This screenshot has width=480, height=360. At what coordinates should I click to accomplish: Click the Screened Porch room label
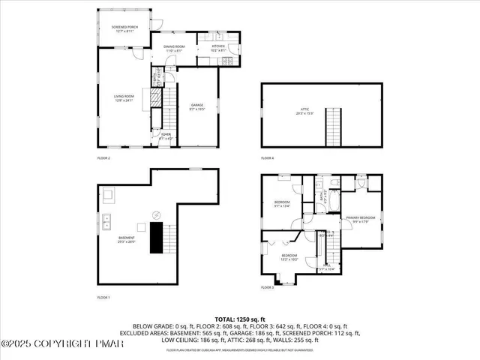click(x=113, y=28)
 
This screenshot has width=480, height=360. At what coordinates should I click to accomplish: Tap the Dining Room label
click(x=175, y=48)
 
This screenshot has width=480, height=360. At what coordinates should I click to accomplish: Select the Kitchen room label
click(x=218, y=48)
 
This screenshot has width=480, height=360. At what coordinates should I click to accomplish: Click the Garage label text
click(x=196, y=106)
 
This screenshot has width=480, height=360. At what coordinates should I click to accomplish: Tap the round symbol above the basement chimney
click(x=156, y=214)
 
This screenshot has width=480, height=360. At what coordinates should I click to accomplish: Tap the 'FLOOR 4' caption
click(x=268, y=158)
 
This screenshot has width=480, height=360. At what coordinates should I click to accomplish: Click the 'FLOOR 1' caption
click(x=103, y=298)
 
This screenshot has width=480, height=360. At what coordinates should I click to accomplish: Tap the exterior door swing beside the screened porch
click(x=154, y=24)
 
